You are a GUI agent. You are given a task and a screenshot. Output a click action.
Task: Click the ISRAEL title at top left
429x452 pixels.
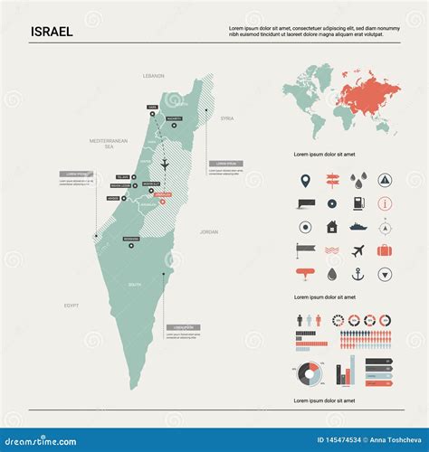[x=52, y=32]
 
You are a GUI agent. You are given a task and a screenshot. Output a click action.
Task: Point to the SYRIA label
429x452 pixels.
[x=227, y=118]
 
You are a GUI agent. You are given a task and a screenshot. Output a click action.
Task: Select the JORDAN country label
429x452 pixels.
[x=209, y=231]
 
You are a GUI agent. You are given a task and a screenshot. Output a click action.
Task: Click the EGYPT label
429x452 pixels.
[x=71, y=306]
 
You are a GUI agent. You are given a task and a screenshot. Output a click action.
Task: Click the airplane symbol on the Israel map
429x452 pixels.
[x=165, y=164]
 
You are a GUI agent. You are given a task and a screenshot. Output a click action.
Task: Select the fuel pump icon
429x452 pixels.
[x=358, y=202]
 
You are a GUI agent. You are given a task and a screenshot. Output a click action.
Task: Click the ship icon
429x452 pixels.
[x=358, y=226]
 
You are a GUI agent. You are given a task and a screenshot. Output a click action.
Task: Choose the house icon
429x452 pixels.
[x=331, y=226]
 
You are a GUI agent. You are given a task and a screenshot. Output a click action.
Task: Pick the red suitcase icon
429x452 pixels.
[x=385, y=250]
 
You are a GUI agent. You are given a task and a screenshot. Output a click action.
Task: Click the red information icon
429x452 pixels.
[x=385, y=202]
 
